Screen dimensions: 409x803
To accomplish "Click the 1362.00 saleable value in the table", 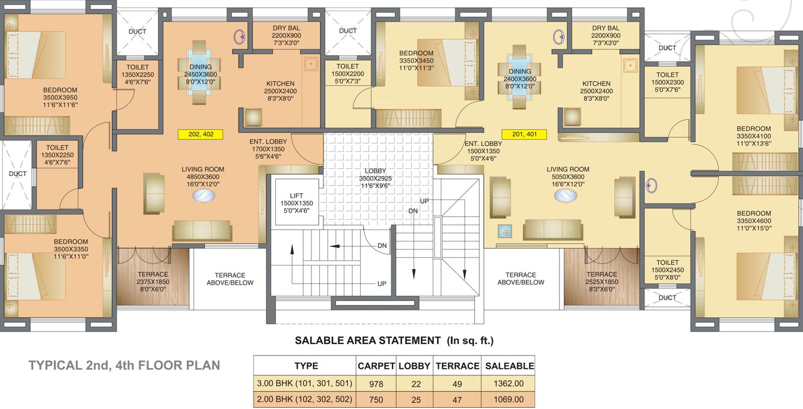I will [x=509, y=383].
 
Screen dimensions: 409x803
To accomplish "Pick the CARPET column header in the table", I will [x=376, y=366].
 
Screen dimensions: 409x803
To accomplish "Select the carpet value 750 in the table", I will [x=376, y=399].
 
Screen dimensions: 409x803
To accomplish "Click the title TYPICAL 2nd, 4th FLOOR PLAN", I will [x=124, y=365].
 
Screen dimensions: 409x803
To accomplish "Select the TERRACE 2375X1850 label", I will [x=153, y=281].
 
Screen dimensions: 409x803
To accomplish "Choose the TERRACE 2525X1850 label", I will [x=602, y=281].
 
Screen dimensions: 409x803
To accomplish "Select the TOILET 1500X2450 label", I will [x=667, y=270].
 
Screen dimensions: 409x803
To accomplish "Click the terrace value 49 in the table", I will [x=457, y=383].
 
